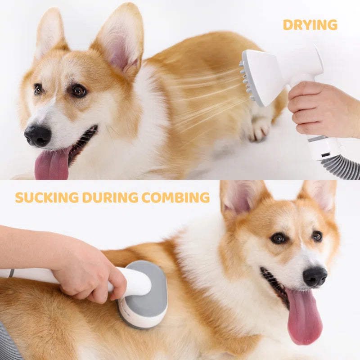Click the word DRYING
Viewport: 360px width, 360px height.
[x=310, y=25]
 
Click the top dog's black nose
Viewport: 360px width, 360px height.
[x=37, y=135]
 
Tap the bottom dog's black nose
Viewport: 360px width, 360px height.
[x=315, y=276]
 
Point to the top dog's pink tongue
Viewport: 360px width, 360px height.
[x=52, y=165]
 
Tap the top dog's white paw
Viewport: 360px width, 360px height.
[x=261, y=130]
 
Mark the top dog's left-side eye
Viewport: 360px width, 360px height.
[x=38, y=89]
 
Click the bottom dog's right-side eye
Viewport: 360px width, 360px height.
[x=317, y=236]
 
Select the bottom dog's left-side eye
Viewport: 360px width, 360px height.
[x=279, y=238]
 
